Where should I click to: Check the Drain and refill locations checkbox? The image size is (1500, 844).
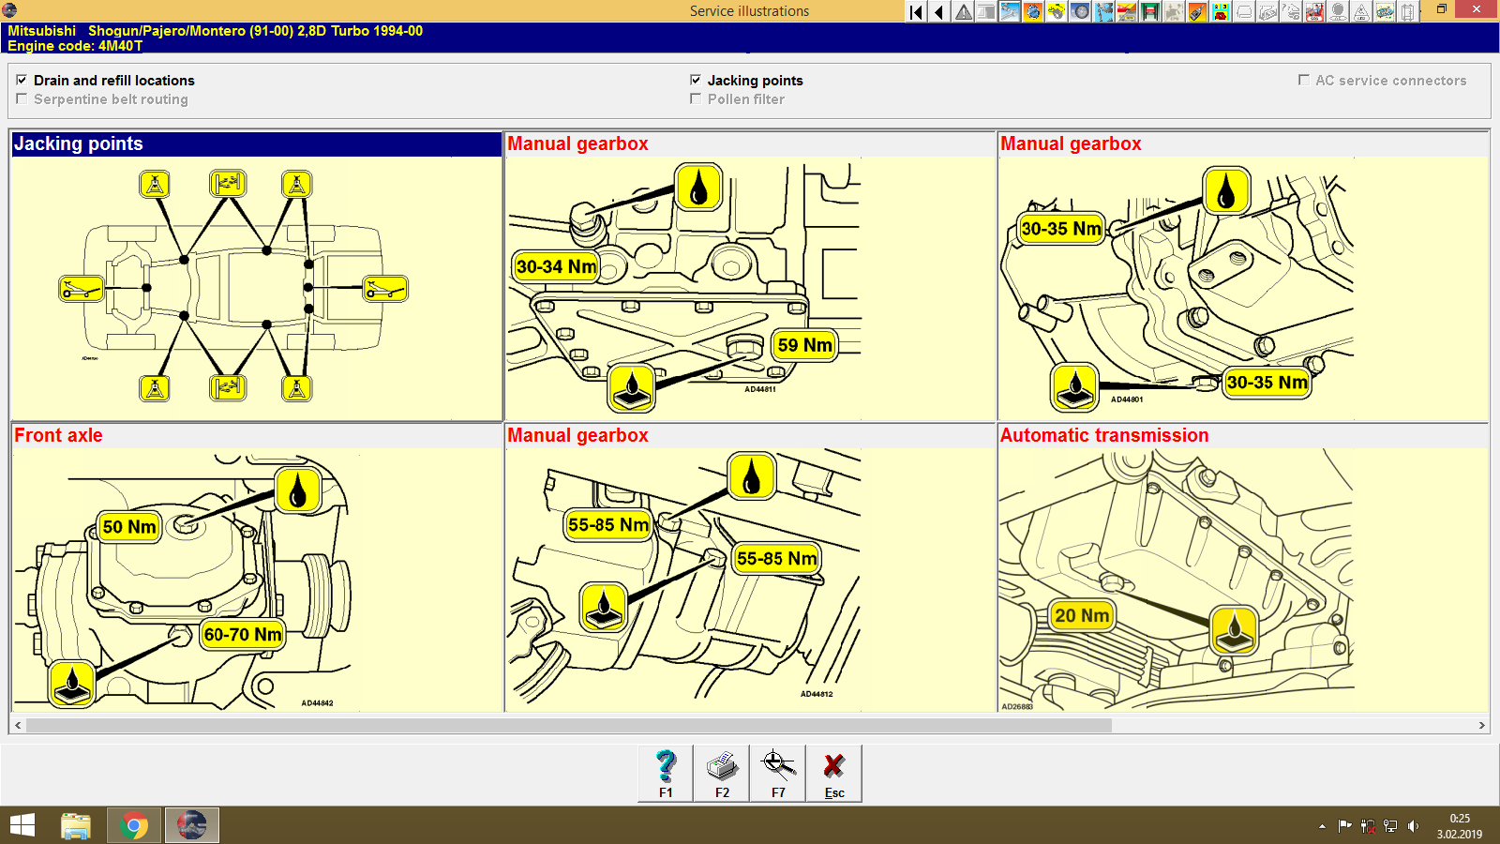(x=22, y=81)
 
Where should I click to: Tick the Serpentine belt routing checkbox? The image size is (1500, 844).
(x=22, y=99)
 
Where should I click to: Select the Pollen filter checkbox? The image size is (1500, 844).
(x=696, y=99)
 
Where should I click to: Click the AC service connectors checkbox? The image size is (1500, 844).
(x=1303, y=81)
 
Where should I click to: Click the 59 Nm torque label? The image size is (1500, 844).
(x=804, y=345)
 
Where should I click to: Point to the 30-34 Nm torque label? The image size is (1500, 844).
(x=556, y=266)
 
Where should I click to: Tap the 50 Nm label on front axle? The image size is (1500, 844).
(x=129, y=527)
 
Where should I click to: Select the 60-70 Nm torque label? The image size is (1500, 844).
(x=243, y=635)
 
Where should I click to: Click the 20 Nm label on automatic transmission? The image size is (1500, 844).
(x=1082, y=616)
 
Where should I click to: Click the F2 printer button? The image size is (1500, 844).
(x=722, y=774)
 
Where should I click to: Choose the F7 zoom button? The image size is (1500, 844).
(x=778, y=774)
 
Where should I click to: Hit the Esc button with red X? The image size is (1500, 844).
(x=834, y=774)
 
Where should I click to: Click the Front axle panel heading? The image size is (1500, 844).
(x=58, y=435)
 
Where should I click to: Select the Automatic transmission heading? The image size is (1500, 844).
(x=1104, y=435)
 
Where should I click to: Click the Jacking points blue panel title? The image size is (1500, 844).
(x=79, y=143)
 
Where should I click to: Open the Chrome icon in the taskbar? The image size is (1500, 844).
(x=134, y=826)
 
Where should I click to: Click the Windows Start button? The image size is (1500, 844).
(x=22, y=826)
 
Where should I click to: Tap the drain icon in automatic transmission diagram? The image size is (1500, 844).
(x=1235, y=629)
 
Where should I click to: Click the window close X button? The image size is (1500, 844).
(x=1477, y=9)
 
